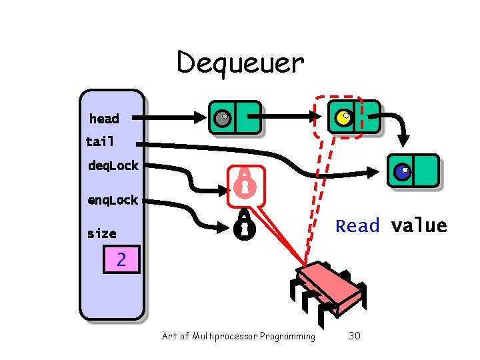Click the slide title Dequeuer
pyautogui.click(x=240, y=63)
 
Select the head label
pyautogui.click(x=104, y=119)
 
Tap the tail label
pyautogui.click(x=100, y=141)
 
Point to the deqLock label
pyautogui.click(x=113, y=165)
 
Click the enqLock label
pyautogui.click(x=113, y=200)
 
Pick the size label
pyautogui.click(x=101, y=233)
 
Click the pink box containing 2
pyautogui.click(x=121, y=259)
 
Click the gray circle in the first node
pyautogui.click(x=221, y=119)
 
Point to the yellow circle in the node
pyautogui.click(x=343, y=118)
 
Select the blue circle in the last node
pyautogui.click(x=402, y=172)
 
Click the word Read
pyautogui.click(x=357, y=226)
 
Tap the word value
pyautogui.click(x=419, y=226)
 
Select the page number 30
pyautogui.click(x=355, y=336)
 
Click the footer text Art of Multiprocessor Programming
pyautogui.click(x=239, y=336)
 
